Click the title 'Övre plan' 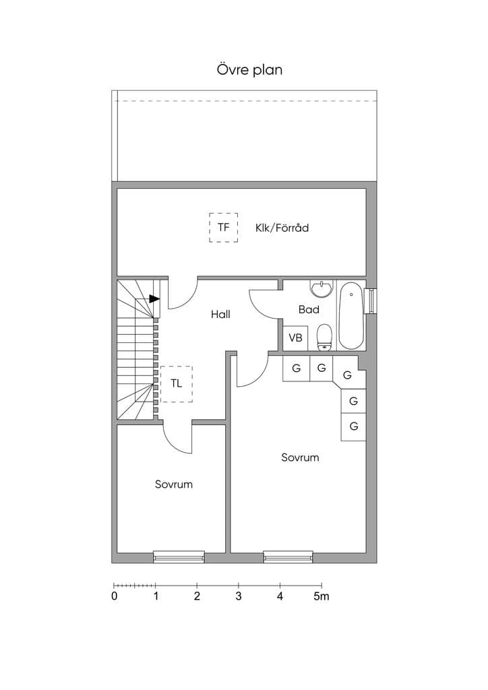pos(249,70)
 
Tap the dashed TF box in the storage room pos(224,213)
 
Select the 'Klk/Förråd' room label pos(282,228)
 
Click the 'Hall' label pos(220,314)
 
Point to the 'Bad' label pos(309,309)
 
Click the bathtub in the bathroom pos(351,315)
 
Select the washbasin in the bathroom pos(322,288)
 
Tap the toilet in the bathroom pos(324,338)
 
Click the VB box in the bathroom pos(295,338)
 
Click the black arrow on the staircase pos(154,299)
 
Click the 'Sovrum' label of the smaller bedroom pos(174,484)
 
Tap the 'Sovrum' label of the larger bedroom pos(300,458)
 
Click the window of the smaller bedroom pos(179,557)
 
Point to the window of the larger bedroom pos(288,557)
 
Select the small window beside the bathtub pos(371,301)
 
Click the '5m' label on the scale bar pos(322,596)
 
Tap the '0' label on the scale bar pos(115,596)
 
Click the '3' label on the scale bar pos(239,596)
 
